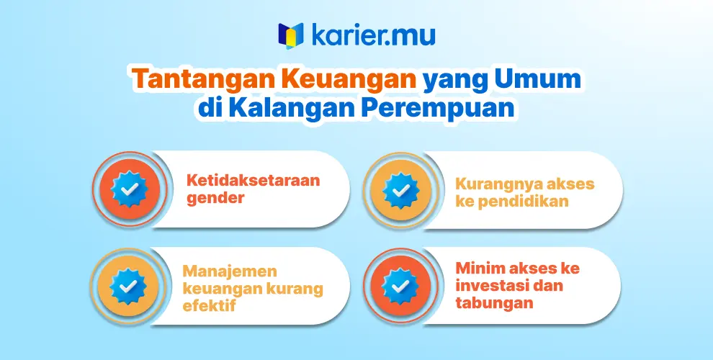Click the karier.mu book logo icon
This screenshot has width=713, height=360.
pos(290,35)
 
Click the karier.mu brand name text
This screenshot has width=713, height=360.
pos(373,35)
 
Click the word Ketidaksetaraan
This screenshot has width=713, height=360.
pos(254,181)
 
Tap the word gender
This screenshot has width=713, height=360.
pos(215,199)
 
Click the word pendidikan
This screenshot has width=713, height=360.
pos(523,202)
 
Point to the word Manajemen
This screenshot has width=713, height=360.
pos(230,271)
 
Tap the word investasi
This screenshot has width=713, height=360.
pos(490,285)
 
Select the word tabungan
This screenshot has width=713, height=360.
pos(494,302)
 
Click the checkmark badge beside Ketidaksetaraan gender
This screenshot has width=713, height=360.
pos(130,189)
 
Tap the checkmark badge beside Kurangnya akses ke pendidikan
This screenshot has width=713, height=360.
pos(400,191)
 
